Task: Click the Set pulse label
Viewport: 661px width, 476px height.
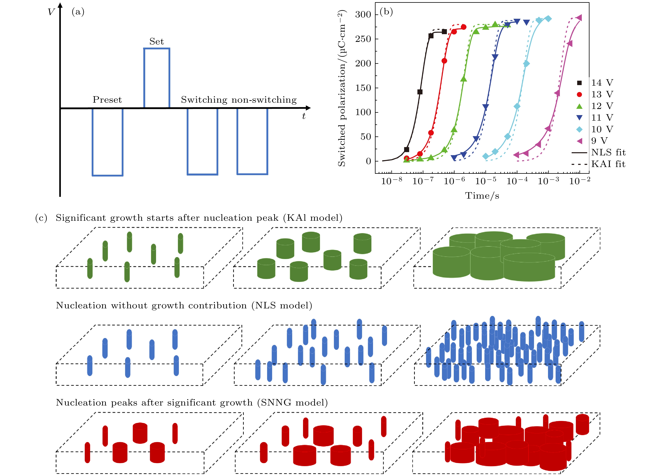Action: (x=156, y=41)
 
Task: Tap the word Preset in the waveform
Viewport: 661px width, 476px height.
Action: (x=107, y=100)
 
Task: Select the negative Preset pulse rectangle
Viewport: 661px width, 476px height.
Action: (x=107, y=142)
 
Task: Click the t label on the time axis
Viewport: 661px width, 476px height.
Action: (x=304, y=116)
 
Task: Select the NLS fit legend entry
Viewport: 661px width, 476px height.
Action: (x=608, y=152)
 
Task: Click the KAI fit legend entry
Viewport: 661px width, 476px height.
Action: (x=608, y=164)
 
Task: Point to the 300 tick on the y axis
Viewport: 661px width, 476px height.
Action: (x=363, y=15)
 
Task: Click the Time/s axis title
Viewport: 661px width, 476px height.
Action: (x=482, y=195)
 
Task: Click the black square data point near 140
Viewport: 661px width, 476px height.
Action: (x=420, y=92)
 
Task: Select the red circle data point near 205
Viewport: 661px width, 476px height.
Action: (x=444, y=61)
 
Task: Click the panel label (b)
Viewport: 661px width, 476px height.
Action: (x=386, y=12)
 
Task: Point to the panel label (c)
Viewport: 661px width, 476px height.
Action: (x=41, y=218)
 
